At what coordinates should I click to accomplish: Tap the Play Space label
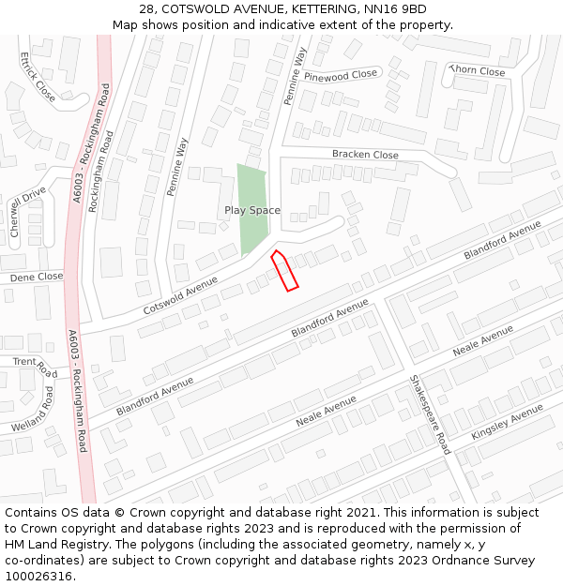[x=251, y=211]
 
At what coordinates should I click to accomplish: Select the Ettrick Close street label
[x=37, y=76]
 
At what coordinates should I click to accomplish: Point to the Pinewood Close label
[x=340, y=74]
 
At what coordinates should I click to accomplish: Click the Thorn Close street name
[x=477, y=71]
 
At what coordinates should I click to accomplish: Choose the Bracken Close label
[x=365, y=155]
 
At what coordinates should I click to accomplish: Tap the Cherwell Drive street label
[x=27, y=211]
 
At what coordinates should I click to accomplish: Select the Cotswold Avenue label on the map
[x=180, y=294]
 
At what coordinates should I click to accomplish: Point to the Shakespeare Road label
[x=430, y=414]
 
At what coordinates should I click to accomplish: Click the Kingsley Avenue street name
[x=508, y=423]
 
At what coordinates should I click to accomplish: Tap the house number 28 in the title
[x=145, y=9]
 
